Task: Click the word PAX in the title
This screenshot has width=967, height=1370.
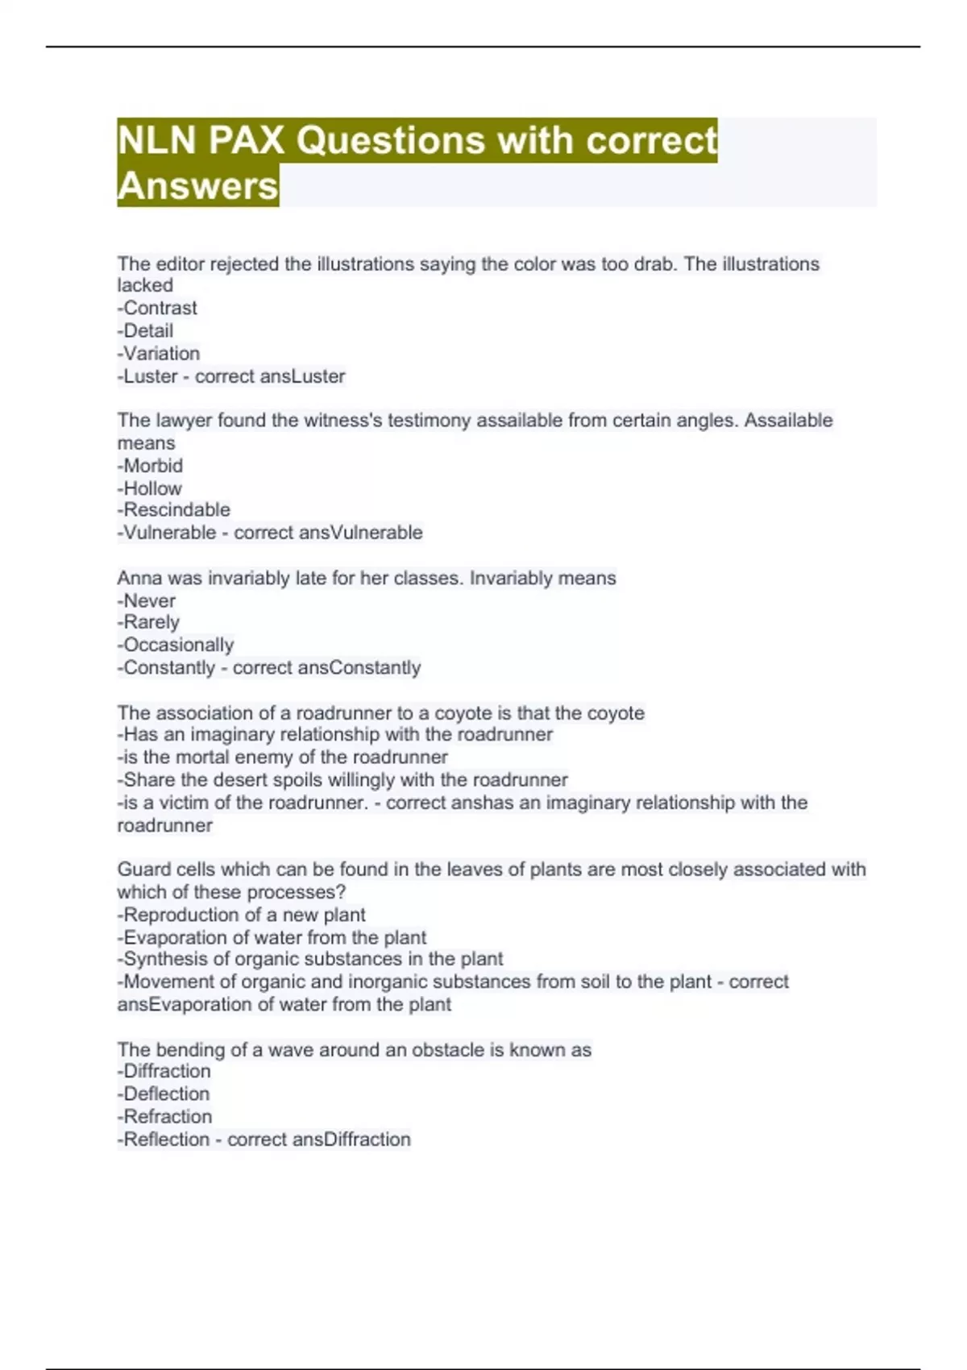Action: pyautogui.click(x=247, y=140)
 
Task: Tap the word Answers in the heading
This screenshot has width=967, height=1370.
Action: pyautogui.click(x=197, y=186)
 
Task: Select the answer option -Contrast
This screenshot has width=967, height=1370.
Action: pyautogui.click(x=157, y=308)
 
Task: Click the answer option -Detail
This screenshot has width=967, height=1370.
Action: pyautogui.click(x=145, y=330)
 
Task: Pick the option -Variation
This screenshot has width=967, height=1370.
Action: pyautogui.click(x=159, y=353)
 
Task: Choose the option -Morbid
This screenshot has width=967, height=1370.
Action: pyautogui.click(x=150, y=466)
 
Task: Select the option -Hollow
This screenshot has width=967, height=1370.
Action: pyautogui.click(x=150, y=488)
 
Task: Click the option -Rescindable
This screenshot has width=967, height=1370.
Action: pyautogui.click(x=173, y=509)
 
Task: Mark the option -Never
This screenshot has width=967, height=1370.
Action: pyautogui.click(x=147, y=600)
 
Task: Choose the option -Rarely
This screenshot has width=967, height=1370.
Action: pyautogui.click(x=148, y=622)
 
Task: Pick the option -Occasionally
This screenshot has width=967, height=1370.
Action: pyautogui.click(x=176, y=645)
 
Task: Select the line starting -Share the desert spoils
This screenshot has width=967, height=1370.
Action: pyautogui.click(x=342, y=779)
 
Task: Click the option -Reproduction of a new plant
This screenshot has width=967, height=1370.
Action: pyautogui.click(x=242, y=915)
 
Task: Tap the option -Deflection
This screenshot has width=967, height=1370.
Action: pyautogui.click(x=164, y=1094)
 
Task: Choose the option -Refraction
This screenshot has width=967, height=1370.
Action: pyautogui.click(x=165, y=1116)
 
